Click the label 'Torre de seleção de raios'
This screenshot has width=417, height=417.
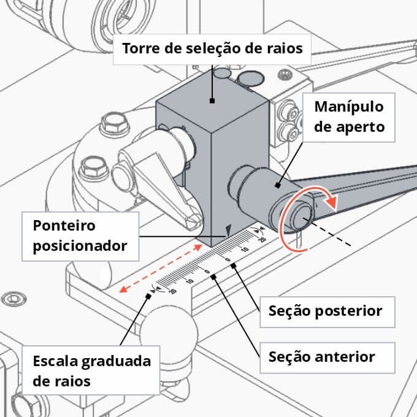(213, 48)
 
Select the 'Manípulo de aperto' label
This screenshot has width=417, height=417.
(349, 117)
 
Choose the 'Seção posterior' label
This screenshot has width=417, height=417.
(325, 311)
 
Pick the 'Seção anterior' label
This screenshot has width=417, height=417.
(322, 356)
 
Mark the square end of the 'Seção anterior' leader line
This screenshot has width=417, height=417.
(213, 277)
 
